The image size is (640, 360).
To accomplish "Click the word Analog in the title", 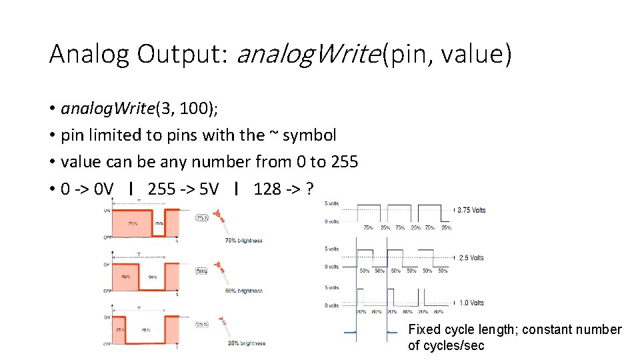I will pos(89,54).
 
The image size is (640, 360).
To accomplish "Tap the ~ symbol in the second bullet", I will pos(274,134).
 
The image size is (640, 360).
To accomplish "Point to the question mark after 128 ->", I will pos(309,189).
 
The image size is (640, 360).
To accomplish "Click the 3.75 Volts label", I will pos(471,210).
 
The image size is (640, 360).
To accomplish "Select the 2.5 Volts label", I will pos(471,257).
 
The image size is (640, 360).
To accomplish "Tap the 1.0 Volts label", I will pos(471,303).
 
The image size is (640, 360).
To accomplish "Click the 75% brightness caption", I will pos(243,241).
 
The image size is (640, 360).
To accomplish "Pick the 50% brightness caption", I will pos(243,291).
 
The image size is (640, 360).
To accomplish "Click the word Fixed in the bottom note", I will pos(425,330).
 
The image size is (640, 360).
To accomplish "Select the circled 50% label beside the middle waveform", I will pos(200,271).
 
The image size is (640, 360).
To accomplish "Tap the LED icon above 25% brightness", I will pos(223,323).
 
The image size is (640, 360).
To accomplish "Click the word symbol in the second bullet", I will pos(310,135).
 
